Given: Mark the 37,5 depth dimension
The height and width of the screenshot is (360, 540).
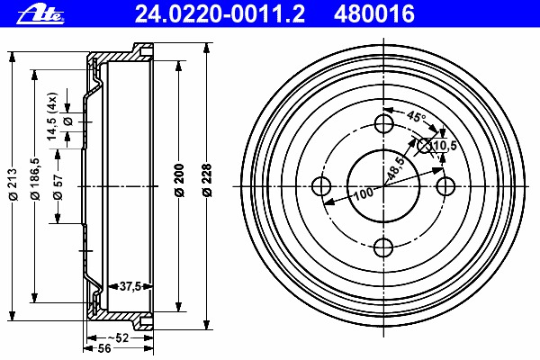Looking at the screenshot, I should point(130,286).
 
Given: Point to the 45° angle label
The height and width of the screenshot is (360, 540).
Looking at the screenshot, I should point(416,117).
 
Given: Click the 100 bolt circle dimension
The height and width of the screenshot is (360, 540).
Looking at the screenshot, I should point(363,193).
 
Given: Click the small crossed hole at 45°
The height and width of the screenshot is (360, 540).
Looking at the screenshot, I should point(426,145).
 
